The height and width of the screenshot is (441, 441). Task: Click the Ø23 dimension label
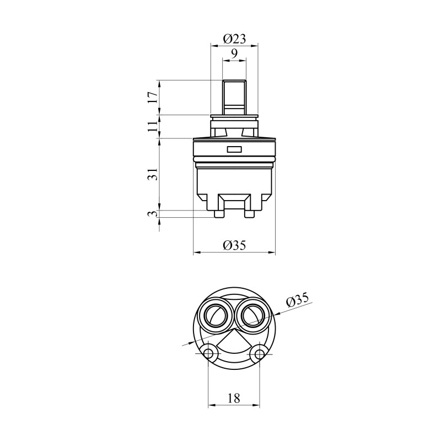tap(234, 39)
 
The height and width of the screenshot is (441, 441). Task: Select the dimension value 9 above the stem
tap(234, 53)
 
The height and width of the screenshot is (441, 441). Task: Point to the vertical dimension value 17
tap(153, 98)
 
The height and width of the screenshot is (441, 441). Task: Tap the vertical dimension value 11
tap(153, 127)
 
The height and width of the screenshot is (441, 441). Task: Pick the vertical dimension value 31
tap(153, 174)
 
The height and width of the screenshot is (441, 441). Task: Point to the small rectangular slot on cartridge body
tap(234, 149)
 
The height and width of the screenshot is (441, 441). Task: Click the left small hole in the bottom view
tap(208, 353)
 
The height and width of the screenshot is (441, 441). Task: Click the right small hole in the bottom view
tap(259, 353)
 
